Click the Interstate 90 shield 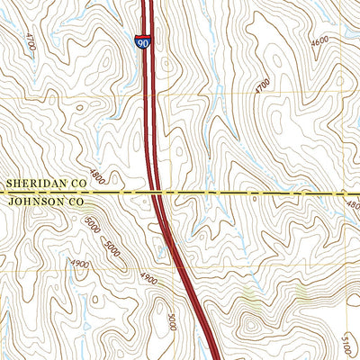click(x=143, y=42)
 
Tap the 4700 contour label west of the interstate click(x=31, y=42)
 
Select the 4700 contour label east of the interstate click(x=262, y=85)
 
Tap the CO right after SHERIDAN click(x=78, y=184)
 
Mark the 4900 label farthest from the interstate click(x=79, y=264)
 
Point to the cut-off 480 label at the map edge click(x=352, y=205)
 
